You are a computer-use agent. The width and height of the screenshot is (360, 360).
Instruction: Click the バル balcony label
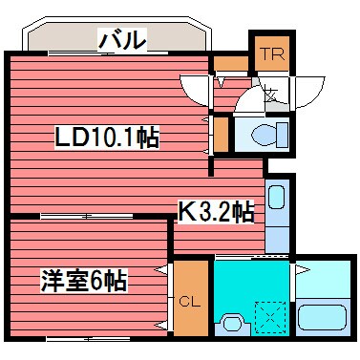pos(122,41)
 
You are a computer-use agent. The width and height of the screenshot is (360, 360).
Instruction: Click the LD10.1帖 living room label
pos(105,138)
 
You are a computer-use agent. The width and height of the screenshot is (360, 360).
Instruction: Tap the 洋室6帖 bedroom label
pos(84,282)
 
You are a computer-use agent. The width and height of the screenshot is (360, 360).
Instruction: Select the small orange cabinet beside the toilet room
pos(222,133)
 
